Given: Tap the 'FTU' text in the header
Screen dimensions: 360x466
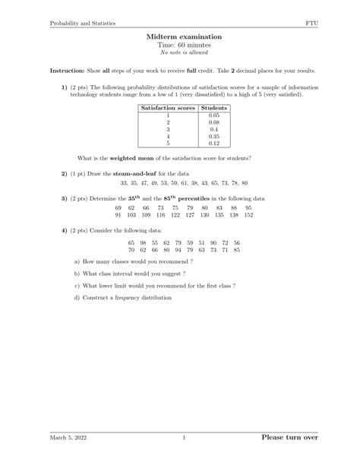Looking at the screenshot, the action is click(312, 24).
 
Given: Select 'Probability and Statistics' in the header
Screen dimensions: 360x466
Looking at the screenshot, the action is click(83, 24).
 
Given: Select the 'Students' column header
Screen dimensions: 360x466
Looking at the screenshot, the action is click(213, 108).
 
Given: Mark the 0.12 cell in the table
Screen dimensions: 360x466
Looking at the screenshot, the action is click(213, 142).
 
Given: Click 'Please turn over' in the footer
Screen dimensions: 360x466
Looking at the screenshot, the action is click(289, 438).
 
